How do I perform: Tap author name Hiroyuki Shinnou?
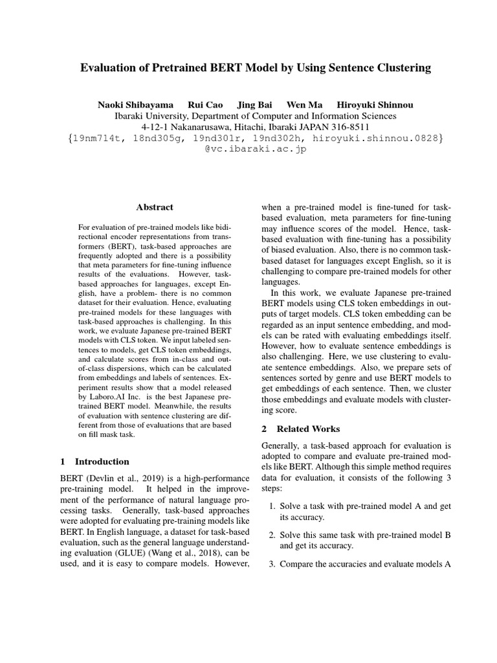point(375,105)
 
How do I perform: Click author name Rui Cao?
point(203,105)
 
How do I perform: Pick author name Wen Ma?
point(304,105)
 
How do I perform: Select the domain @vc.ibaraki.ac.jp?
point(248,149)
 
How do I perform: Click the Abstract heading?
point(155,207)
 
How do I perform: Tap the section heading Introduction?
point(102,462)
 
